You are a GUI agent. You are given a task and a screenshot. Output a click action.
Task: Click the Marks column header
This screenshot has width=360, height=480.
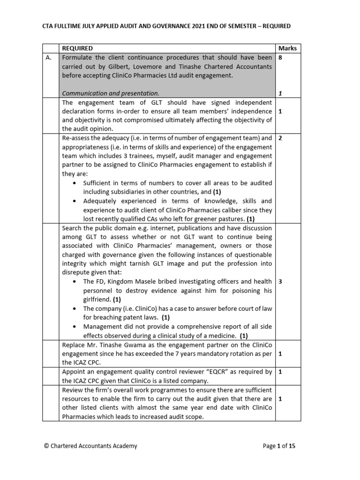coord(287,48)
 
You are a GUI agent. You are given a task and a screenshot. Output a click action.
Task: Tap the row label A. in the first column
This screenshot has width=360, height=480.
coord(47,58)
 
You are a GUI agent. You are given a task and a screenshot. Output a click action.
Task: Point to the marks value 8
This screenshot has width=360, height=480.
coord(280,58)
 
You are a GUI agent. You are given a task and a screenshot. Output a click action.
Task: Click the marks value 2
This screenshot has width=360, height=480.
coord(280,138)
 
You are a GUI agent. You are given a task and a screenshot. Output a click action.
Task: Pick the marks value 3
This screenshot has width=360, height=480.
coord(280,281)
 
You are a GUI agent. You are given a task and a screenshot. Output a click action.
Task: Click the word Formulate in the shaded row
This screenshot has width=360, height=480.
coord(77,58)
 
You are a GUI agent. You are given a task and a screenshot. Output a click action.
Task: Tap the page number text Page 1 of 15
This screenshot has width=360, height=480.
coord(279,446)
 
